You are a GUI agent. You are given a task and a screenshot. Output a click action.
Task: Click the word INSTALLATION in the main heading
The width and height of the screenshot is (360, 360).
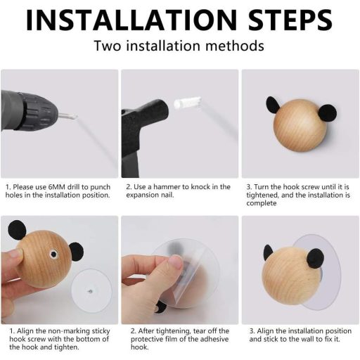131,20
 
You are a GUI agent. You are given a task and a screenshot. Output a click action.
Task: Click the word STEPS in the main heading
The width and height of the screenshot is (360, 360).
290,20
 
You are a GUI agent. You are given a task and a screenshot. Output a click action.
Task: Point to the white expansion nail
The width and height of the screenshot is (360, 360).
188,102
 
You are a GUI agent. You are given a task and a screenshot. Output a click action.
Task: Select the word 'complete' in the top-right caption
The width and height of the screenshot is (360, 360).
262,203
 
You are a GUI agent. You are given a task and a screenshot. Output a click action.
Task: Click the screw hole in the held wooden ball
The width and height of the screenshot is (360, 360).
53,254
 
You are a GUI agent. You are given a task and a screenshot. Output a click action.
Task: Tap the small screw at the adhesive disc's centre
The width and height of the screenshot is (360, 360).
90,292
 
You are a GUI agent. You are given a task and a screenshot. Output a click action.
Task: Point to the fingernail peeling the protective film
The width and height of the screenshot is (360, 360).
176,263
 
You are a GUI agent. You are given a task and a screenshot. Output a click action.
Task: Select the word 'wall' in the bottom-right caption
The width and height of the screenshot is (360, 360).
309,339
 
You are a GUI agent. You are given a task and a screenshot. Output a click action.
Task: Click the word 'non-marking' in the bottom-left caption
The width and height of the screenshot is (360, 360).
69,331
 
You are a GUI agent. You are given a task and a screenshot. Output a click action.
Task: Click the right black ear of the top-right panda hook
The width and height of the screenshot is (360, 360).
328,113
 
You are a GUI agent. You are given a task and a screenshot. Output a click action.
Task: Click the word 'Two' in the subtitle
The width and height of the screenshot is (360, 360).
108,46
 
